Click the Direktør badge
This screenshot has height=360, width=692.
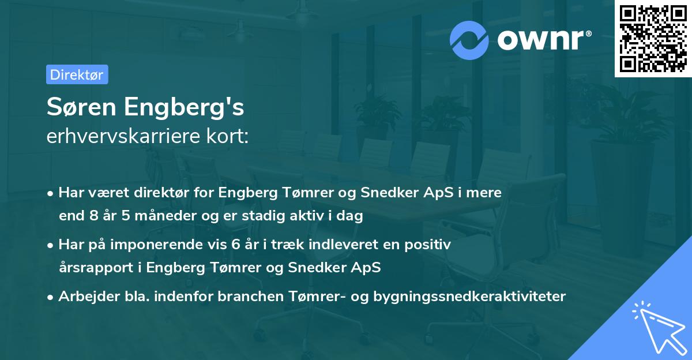tap(77, 74)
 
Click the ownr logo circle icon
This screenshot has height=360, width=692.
tap(470, 40)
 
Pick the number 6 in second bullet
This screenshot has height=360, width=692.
tap(235, 244)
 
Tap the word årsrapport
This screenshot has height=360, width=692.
tap(99, 268)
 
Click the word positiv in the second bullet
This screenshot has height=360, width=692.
tap(428, 244)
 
